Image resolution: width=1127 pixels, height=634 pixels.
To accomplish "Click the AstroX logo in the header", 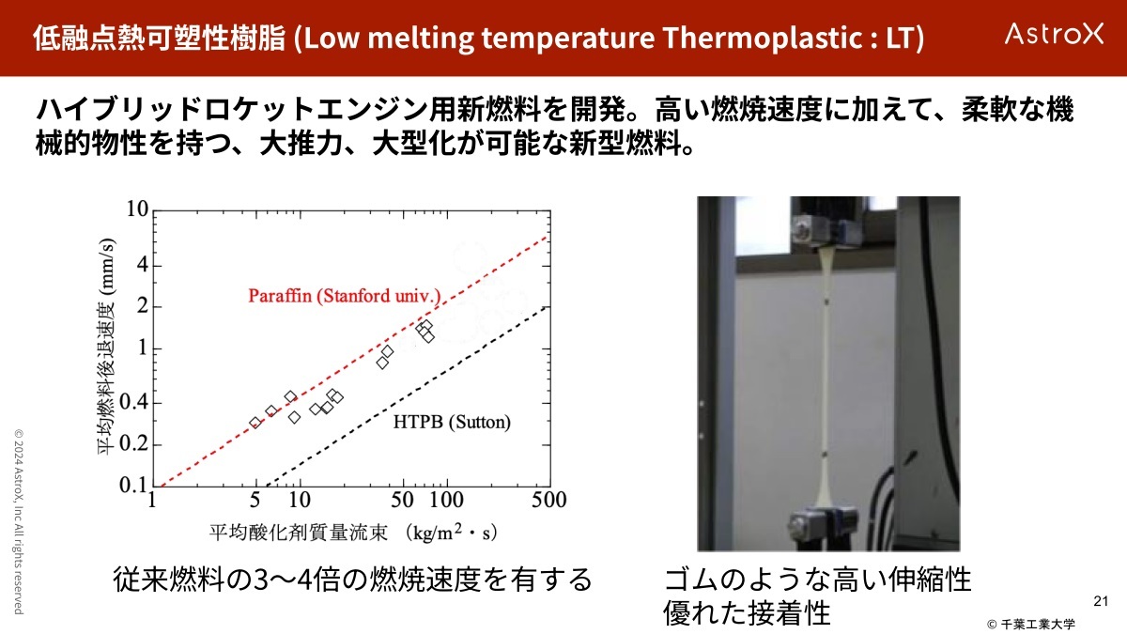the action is point(1054,34).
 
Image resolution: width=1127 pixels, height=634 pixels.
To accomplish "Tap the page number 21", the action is point(1101,601).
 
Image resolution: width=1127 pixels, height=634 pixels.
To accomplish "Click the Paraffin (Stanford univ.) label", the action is point(345,295).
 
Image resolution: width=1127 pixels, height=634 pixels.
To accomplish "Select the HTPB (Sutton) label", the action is point(452,422).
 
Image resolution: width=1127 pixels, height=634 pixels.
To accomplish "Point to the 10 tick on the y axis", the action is point(137,209).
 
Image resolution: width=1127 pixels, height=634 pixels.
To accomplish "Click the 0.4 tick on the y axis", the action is point(133,403).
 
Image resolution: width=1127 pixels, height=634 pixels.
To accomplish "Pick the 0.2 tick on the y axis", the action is point(133,444).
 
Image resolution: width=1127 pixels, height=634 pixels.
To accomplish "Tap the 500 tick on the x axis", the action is point(549,500).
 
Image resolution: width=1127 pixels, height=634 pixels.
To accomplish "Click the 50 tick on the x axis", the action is point(403,500).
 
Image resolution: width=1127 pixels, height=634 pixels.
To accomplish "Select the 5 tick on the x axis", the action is point(255,500).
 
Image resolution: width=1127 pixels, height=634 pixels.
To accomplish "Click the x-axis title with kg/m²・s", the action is point(353,533).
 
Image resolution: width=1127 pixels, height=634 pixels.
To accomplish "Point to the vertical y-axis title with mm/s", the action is point(106,347).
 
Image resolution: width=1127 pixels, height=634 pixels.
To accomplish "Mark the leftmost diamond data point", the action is point(255,423).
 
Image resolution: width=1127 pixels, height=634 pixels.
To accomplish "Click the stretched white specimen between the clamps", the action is point(826,378).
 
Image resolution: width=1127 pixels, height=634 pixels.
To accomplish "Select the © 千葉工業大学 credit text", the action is point(1031,625).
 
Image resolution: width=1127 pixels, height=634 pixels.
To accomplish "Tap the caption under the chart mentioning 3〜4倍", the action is point(352,580).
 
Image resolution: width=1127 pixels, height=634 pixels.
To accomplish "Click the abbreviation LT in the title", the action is point(899,38).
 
